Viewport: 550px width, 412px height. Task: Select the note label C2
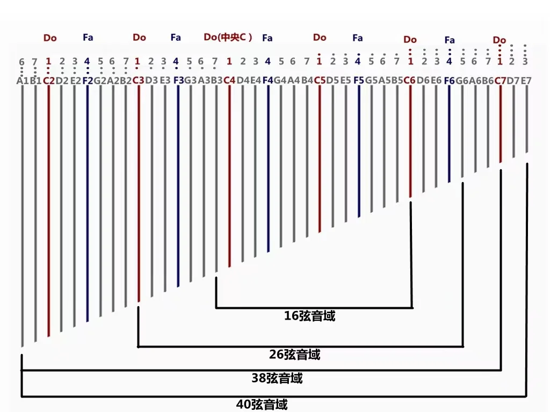coord(48,81)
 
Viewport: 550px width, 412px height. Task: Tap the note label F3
coord(178,81)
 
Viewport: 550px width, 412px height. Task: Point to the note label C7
coord(500,81)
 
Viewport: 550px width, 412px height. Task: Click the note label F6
coord(449,81)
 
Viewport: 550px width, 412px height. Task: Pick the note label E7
coord(526,81)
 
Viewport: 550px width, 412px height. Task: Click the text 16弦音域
coord(309,316)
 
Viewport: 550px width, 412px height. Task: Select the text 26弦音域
coord(294,355)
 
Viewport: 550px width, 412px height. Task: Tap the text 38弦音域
coord(277,378)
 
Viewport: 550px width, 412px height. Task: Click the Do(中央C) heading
coord(228,37)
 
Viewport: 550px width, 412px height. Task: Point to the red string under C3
coord(139,193)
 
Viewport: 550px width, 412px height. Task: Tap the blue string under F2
coord(88,204)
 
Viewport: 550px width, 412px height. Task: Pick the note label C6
coord(409,81)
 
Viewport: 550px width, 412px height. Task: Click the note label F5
coord(358,81)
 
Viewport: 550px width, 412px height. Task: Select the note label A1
coord(22,81)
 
